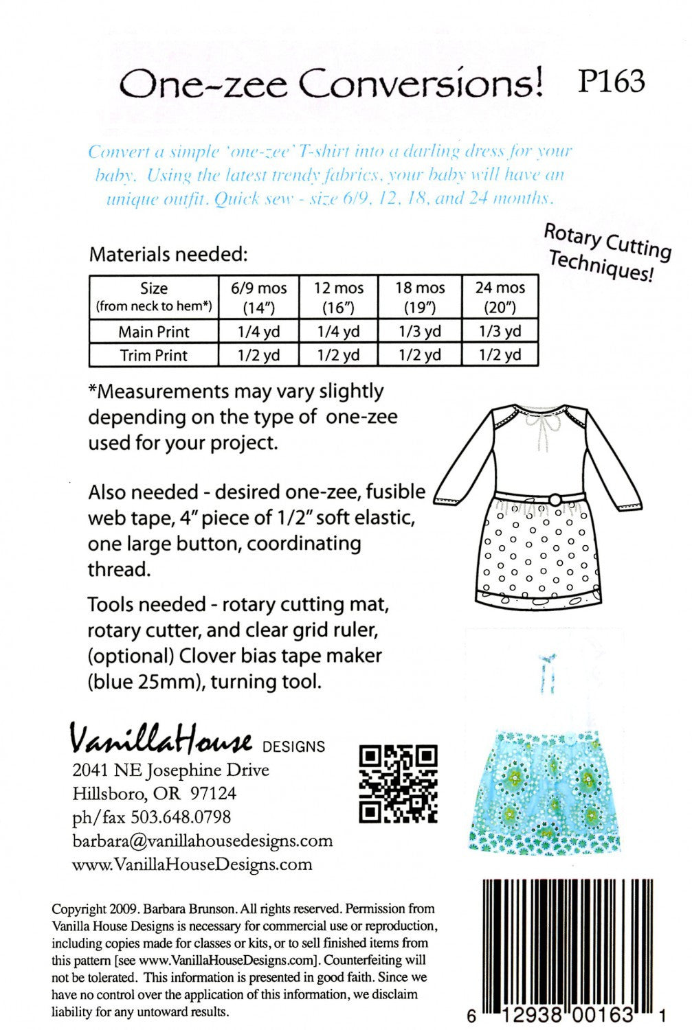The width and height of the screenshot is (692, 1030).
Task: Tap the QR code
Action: click(399, 783)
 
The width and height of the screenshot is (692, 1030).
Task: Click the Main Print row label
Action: click(154, 332)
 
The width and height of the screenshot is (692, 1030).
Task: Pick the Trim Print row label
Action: click(154, 356)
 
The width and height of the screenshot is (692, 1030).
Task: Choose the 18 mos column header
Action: click(420, 296)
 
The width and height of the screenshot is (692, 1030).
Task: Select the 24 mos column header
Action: click(500, 296)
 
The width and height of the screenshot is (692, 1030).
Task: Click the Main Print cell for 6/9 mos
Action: click(258, 332)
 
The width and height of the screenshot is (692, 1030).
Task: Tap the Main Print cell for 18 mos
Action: click(420, 332)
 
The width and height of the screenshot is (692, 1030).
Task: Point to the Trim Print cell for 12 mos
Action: click(338, 356)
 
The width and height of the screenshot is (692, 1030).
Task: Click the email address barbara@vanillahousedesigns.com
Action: click(202, 840)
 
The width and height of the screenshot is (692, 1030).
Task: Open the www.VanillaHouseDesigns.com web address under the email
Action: click(192, 865)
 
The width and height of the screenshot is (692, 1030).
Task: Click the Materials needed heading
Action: click(168, 254)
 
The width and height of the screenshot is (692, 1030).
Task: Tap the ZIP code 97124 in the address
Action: click(213, 794)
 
